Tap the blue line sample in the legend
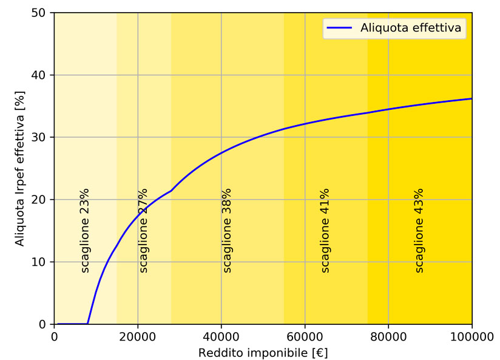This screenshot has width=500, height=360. [340, 27]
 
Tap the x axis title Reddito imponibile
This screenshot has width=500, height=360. [263, 352]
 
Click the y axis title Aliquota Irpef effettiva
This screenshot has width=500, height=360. [20, 168]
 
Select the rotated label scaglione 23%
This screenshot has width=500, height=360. [85, 230]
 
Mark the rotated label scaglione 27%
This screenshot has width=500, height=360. [143, 230]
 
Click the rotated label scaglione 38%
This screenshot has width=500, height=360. [227, 230]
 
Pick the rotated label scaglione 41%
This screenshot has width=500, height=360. [325, 230]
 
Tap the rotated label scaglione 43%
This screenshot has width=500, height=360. [419, 230]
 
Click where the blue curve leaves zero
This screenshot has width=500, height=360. [88, 324]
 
